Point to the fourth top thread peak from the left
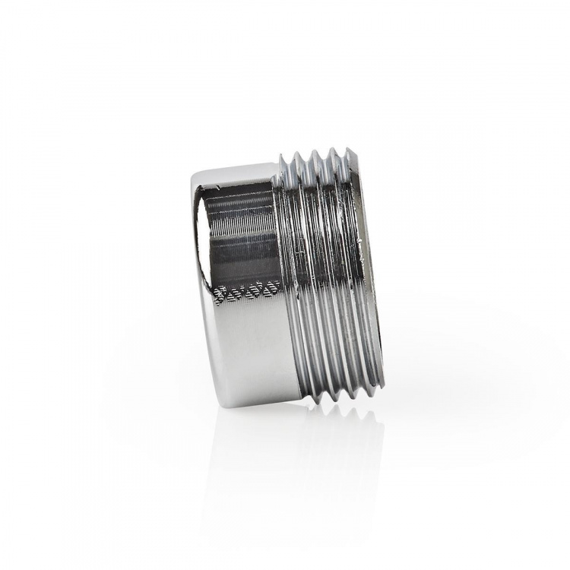[332, 150]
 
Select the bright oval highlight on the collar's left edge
[198, 220]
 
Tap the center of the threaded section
[323, 274]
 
